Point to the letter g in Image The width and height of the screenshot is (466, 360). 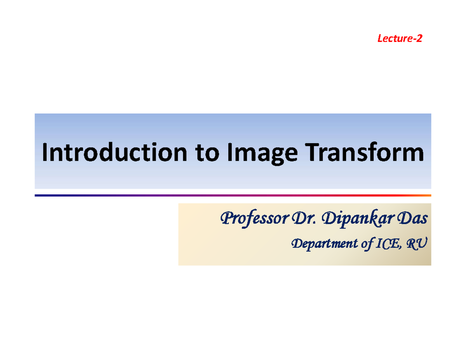coord(263,156)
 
